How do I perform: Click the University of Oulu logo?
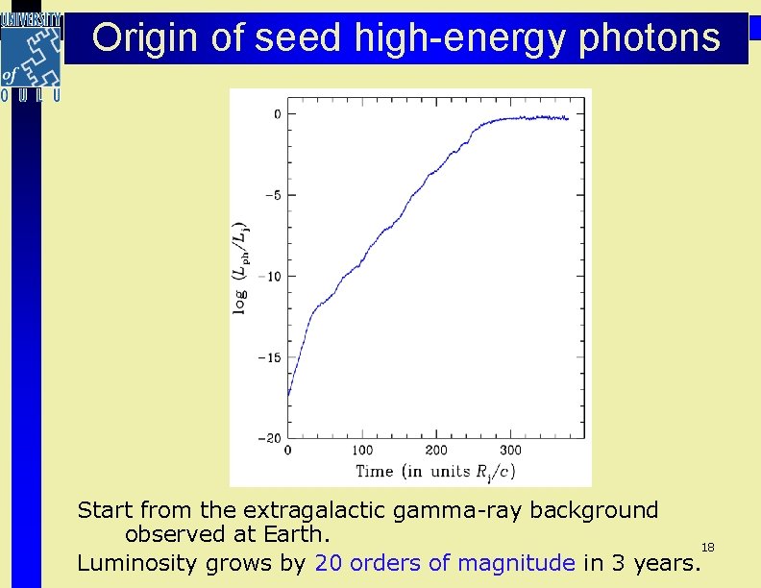(31, 56)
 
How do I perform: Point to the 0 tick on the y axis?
(277, 113)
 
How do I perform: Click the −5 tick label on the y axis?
(272, 195)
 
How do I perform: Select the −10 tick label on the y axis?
(269, 276)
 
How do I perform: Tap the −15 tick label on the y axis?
(269, 357)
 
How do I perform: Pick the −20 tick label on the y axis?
(269, 438)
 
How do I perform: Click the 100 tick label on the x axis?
(362, 451)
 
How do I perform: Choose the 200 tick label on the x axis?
(436, 451)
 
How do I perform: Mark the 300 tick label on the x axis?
(511, 451)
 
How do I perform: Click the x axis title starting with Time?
(435, 471)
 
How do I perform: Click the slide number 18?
(707, 547)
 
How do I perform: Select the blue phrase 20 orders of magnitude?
(444, 563)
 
